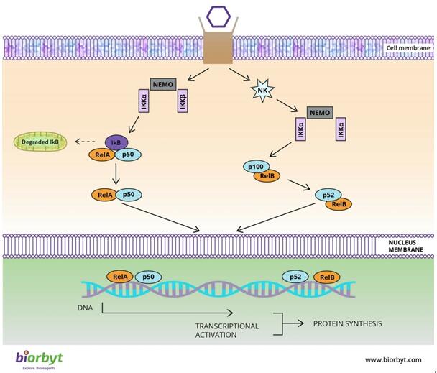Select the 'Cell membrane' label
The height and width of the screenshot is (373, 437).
[x=408, y=48]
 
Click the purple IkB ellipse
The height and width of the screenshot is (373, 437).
[x=116, y=142]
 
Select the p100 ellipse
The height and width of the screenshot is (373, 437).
[x=255, y=166]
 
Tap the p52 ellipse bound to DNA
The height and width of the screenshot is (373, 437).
[x=296, y=276]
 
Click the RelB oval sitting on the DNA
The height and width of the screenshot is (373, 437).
[x=326, y=277]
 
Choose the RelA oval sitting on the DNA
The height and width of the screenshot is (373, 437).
[x=119, y=276]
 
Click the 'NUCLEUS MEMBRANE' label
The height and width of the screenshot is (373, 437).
[x=407, y=246]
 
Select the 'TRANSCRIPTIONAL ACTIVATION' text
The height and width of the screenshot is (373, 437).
[x=226, y=331]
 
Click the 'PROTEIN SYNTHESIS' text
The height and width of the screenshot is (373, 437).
[x=347, y=323]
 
